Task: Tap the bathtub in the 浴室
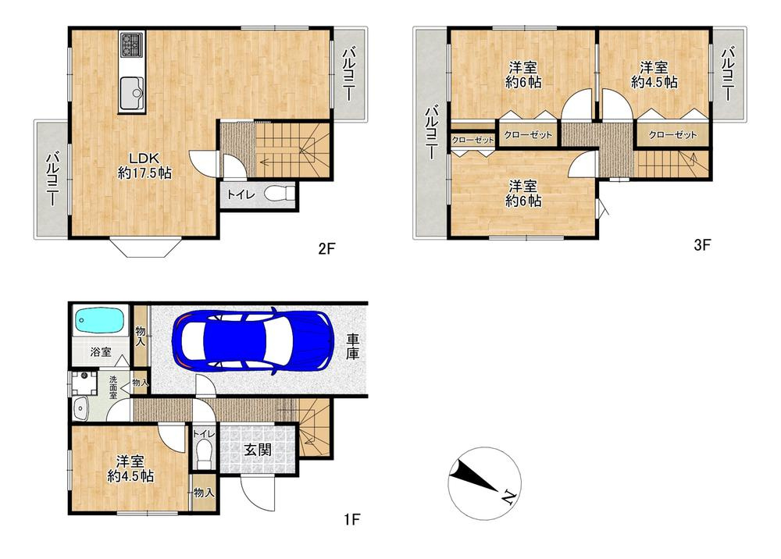99,321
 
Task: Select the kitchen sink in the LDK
131,94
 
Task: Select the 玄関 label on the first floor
258,450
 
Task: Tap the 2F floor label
326,249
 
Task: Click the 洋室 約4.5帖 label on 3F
653,74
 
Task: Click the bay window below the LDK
146,247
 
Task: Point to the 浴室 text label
99,352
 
